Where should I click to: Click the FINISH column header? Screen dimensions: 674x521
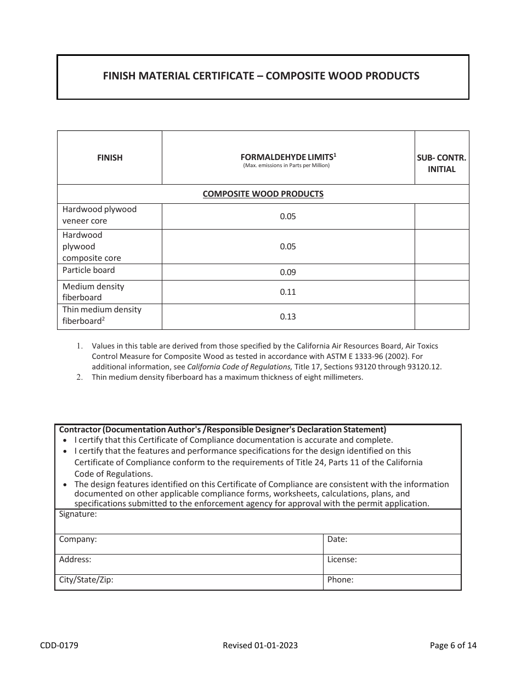point(110,158)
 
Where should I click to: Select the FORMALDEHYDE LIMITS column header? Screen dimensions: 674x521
point(287,157)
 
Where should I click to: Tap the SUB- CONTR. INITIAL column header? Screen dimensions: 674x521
point(441,163)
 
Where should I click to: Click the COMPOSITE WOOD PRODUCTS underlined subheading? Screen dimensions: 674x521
point(263,194)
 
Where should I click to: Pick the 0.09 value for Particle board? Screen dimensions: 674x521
point(287,272)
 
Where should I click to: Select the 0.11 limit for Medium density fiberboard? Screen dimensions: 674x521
point(287,292)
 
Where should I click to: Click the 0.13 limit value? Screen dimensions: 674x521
point(287,317)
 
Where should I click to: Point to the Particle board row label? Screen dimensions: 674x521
point(89,270)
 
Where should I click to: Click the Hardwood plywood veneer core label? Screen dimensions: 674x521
point(99,215)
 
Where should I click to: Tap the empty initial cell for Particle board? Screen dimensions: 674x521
point(441,272)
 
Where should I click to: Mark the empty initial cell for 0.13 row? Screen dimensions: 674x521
point(441,317)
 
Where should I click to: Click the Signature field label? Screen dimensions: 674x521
point(78,515)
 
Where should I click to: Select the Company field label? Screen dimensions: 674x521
point(78,539)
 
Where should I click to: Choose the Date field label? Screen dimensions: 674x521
point(337,539)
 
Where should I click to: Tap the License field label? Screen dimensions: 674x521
point(342,559)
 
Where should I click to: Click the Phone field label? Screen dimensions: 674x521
point(341,580)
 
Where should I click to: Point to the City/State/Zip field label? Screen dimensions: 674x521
point(86,580)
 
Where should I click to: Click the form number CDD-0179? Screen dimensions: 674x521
point(59,646)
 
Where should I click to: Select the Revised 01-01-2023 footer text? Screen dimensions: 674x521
point(260,646)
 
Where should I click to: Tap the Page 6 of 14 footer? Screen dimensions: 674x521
point(453,646)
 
